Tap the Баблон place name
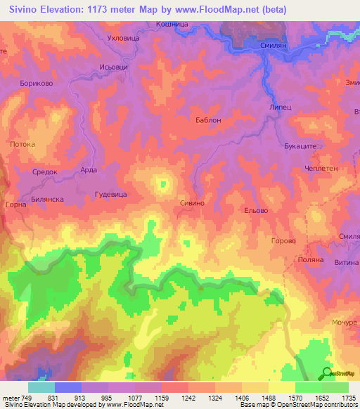[208, 120]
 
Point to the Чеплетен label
[322, 169]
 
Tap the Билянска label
[47, 199]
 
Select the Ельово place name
[254, 210]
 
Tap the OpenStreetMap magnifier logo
[326, 373]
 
